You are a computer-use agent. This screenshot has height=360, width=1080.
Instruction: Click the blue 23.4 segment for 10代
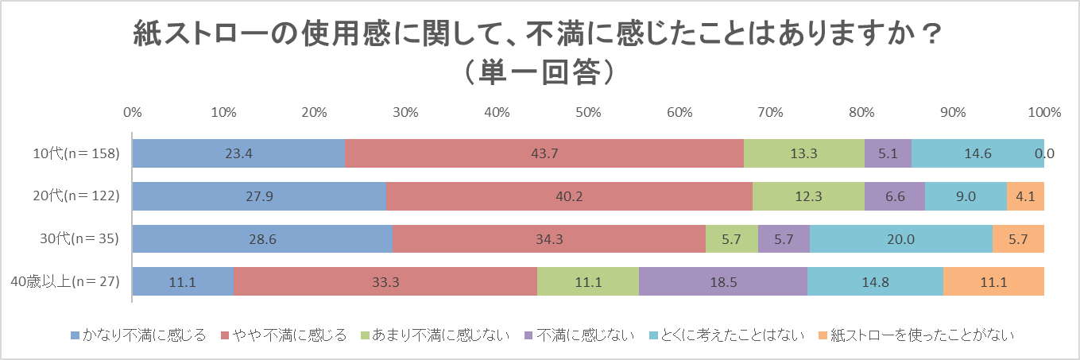pos(238,153)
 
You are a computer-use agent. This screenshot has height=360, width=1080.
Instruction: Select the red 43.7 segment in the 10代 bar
pos(544,153)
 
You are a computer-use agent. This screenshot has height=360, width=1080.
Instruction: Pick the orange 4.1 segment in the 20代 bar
pos(1025,196)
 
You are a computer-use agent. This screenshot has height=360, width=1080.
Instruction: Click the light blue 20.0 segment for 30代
pos(900,239)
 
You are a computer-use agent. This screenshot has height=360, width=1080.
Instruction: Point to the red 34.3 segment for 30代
pos(548,239)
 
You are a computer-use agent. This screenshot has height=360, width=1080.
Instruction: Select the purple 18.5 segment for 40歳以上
pos(722,282)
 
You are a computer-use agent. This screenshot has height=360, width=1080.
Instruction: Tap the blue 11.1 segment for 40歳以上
pos(183,282)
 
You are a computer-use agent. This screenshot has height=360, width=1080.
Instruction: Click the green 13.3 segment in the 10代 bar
pos(803,153)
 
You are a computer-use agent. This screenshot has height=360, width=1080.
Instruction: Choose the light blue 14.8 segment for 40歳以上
pos(875,282)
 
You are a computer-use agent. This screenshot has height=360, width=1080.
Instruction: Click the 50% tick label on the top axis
pos(587,112)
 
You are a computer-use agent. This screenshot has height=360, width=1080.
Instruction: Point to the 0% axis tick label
pos(133,112)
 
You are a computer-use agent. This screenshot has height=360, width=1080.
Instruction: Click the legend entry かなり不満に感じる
pos(138,335)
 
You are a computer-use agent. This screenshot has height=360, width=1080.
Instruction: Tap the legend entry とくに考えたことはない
pos(726,335)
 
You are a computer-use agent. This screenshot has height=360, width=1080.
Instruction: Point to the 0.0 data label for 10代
pos(1044,153)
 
